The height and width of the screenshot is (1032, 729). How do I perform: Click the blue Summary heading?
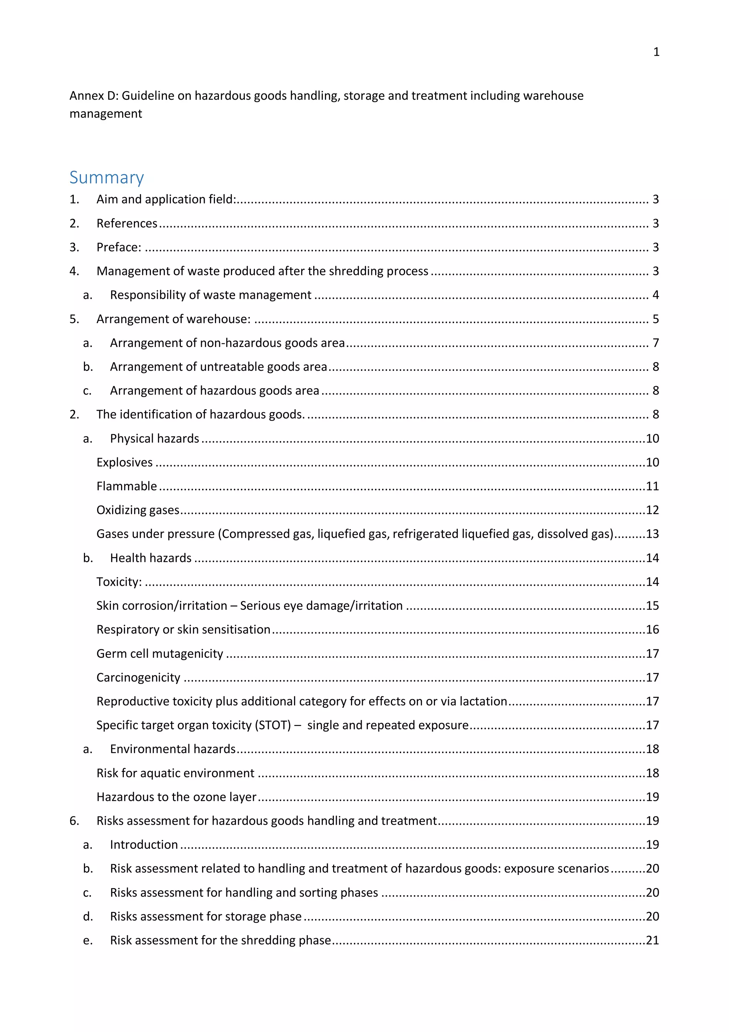coord(106,177)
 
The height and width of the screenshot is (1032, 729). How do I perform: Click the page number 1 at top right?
coord(656,52)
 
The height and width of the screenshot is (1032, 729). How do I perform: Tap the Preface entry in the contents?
coord(119,247)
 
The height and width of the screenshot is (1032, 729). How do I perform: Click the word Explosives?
coord(125,462)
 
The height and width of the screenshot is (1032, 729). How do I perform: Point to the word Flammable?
coord(127,486)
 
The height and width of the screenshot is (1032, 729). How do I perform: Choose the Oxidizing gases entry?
coord(138,510)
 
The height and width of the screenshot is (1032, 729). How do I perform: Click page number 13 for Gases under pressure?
coord(652,534)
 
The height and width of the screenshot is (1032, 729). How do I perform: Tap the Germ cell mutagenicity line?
coord(159,654)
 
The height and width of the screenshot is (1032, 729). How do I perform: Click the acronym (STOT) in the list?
coord(273,725)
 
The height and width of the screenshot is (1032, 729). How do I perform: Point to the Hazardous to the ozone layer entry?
coord(176,797)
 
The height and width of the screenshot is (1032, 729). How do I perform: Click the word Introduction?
coord(144,845)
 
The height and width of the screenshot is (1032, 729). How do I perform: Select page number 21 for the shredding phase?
coord(652,940)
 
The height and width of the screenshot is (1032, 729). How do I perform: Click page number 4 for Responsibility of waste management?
coord(655,295)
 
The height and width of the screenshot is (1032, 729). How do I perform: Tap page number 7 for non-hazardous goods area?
coord(655,343)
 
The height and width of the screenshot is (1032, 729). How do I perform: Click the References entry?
coord(127,223)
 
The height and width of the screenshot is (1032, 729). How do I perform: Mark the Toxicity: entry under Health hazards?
coord(119,582)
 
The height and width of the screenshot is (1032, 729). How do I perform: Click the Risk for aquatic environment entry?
coord(175,773)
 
